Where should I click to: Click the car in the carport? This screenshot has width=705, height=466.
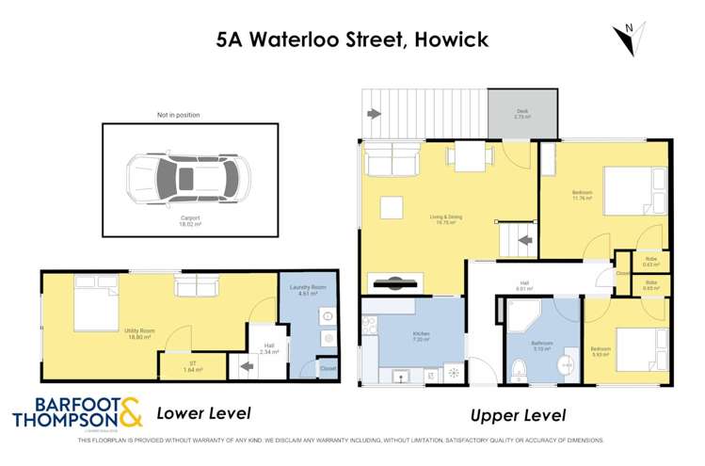click(x=189, y=176)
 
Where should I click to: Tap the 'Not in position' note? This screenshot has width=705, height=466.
click(x=178, y=115)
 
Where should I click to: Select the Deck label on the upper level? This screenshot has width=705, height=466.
click(x=521, y=115)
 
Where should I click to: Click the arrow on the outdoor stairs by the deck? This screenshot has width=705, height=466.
click(x=374, y=115)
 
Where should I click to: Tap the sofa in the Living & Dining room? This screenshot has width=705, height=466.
click(x=393, y=162)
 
